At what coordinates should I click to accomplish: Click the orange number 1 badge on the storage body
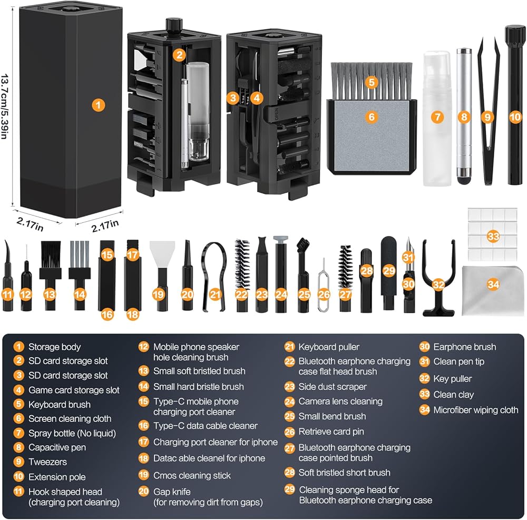pos(98,104)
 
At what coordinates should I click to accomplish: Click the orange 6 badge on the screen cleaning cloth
pos(372,117)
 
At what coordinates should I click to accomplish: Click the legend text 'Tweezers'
pos(47,462)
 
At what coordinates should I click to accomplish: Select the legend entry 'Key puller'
pos(452,379)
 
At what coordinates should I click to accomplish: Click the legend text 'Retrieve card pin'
pos(331,431)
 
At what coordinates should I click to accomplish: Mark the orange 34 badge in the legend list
pos(425,410)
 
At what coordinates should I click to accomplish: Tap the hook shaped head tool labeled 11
pos(7,279)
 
